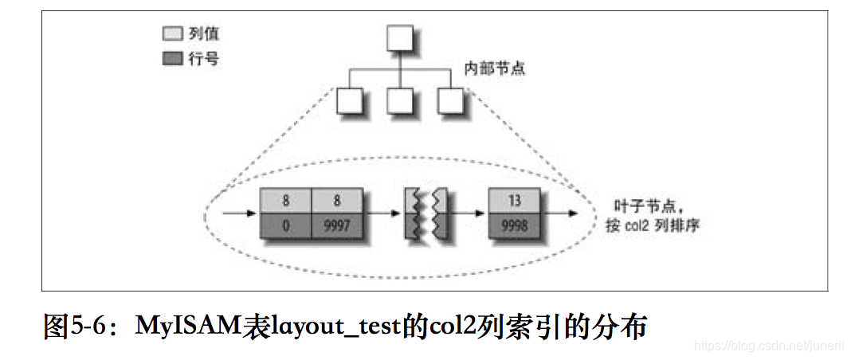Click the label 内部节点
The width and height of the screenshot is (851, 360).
coord(495,69)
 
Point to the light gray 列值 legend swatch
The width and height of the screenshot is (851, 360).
coord(172,34)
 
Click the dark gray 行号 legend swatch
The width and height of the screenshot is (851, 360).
coord(172,59)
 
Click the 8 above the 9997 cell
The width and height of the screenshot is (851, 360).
coord(337,202)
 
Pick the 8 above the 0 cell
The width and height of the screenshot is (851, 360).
coord(285,202)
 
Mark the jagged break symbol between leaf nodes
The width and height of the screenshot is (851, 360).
coord(425,214)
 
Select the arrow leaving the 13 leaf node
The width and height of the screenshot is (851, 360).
coord(557,214)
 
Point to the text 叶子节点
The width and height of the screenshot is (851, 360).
coord(630,204)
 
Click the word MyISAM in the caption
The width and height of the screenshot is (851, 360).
coord(188,327)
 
